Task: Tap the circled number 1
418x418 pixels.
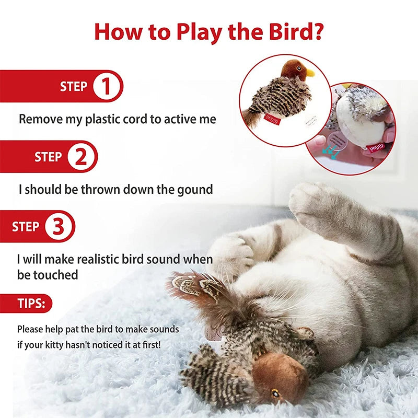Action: pyautogui.click(x=107, y=86)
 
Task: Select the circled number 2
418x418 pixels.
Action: pyautogui.click(x=82, y=157)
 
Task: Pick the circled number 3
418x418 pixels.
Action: pyautogui.click(x=59, y=226)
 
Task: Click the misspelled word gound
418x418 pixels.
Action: pyautogui.click(x=193, y=189)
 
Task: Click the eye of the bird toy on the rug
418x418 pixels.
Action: pyautogui.click(x=275, y=393)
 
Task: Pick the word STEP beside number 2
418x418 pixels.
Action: pyautogui.click(x=48, y=157)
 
